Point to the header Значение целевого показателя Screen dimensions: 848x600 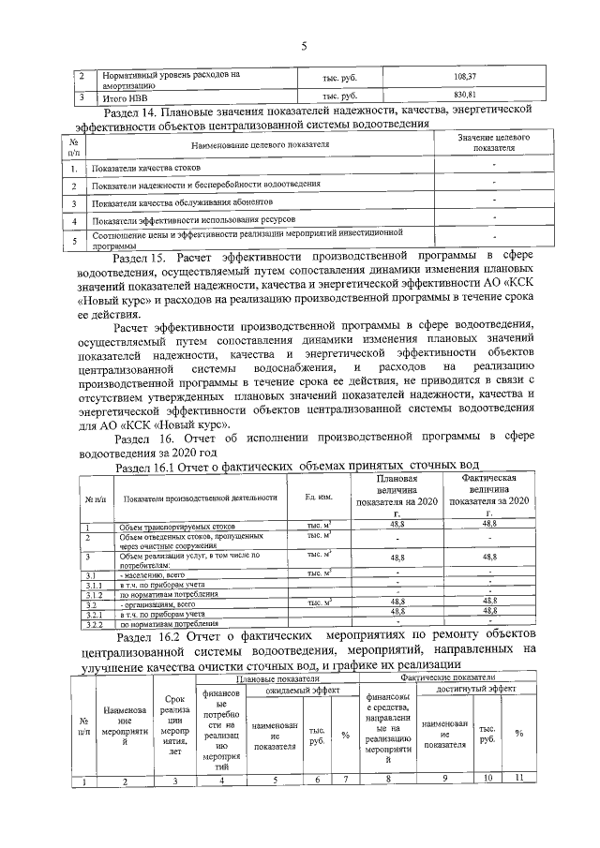[x=495, y=142]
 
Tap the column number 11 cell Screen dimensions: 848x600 [x=517, y=780]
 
